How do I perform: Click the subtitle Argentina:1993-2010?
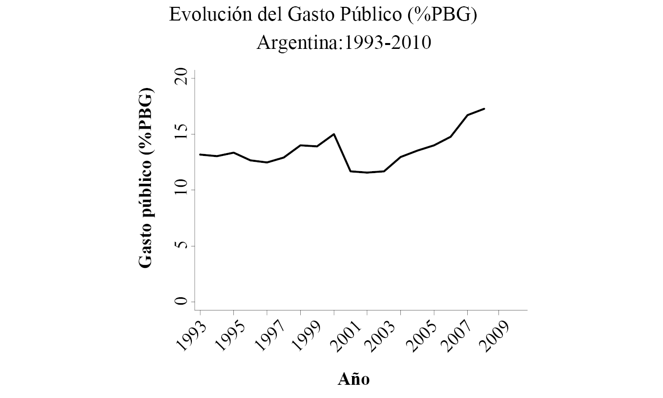344,44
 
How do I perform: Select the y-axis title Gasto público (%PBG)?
145,178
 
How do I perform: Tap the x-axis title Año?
354,379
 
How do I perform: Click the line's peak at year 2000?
334,134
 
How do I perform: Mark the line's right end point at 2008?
484,109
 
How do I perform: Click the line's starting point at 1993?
200,155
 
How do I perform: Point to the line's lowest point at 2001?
367,173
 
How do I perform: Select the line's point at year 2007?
467,115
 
